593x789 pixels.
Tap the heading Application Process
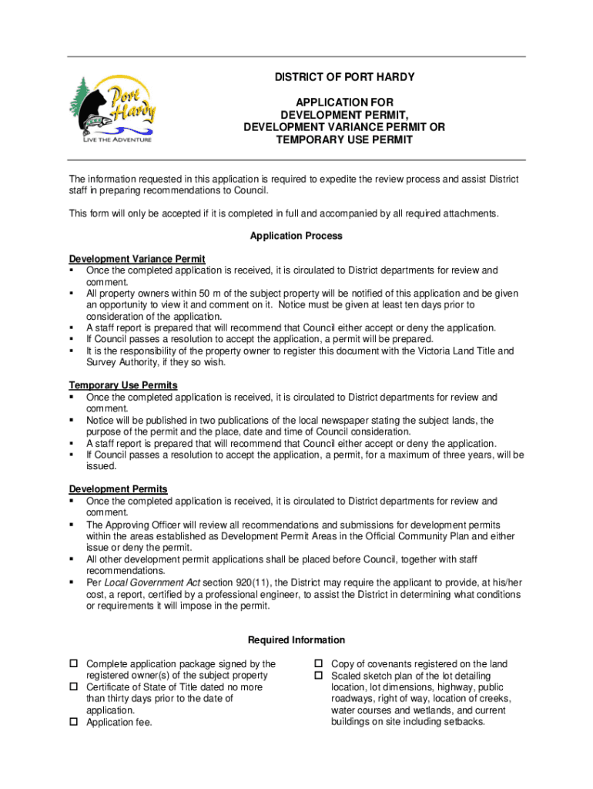pos(296,236)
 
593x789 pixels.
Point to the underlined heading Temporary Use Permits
pos(123,385)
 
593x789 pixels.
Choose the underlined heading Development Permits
pos(119,489)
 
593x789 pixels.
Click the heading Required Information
pos(296,640)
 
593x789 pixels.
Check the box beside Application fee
pos(75,722)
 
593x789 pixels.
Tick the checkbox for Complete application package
pos(75,664)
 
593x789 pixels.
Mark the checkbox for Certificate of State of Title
pos(75,687)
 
